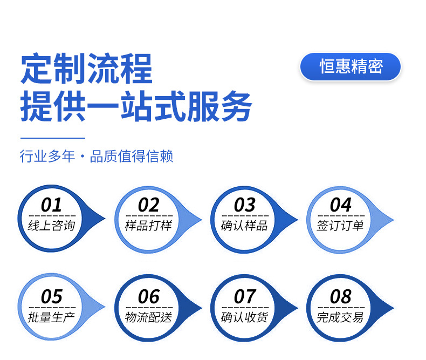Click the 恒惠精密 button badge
pyautogui.click(x=351, y=66)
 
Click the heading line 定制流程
pyautogui.click(x=87, y=68)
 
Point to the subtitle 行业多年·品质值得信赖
pyautogui.click(x=97, y=157)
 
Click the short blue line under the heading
pyautogui.click(x=53, y=138)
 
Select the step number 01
pyautogui.click(x=51, y=205)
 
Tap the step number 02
pyautogui.click(x=148, y=205)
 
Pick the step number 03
pyautogui.click(x=244, y=205)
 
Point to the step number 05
pyautogui.click(x=51, y=297)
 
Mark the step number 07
pyautogui.click(x=244, y=297)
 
